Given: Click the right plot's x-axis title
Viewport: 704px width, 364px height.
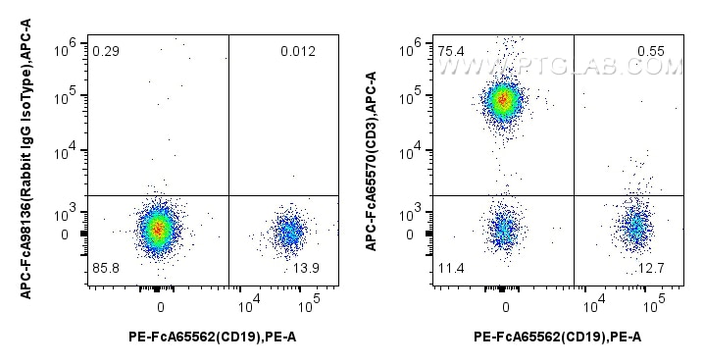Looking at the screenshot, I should click(557, 338).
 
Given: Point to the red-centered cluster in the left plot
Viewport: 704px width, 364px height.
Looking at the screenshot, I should click(158, 229).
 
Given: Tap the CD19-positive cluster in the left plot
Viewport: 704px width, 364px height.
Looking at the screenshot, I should click(288, 233).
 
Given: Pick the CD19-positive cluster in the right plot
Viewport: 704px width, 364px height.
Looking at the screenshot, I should click(635, 229).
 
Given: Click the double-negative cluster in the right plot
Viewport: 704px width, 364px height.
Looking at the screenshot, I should click(503, 231).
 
